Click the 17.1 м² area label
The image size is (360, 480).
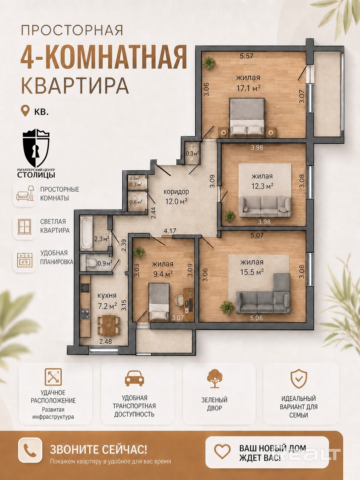(248, 88)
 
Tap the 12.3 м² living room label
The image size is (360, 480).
(262, 186)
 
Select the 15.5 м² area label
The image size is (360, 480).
(252, 272)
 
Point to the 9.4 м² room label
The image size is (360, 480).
(163, 274)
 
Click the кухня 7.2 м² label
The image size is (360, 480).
(107, 301)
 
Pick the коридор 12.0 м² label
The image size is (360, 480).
(176, 196)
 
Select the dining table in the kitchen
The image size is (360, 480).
(108, 326)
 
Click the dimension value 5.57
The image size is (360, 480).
(246, 56)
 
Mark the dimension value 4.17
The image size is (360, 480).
(170, 231)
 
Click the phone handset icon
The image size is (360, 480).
(30, 451)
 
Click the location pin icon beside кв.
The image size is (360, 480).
(25, 111)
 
